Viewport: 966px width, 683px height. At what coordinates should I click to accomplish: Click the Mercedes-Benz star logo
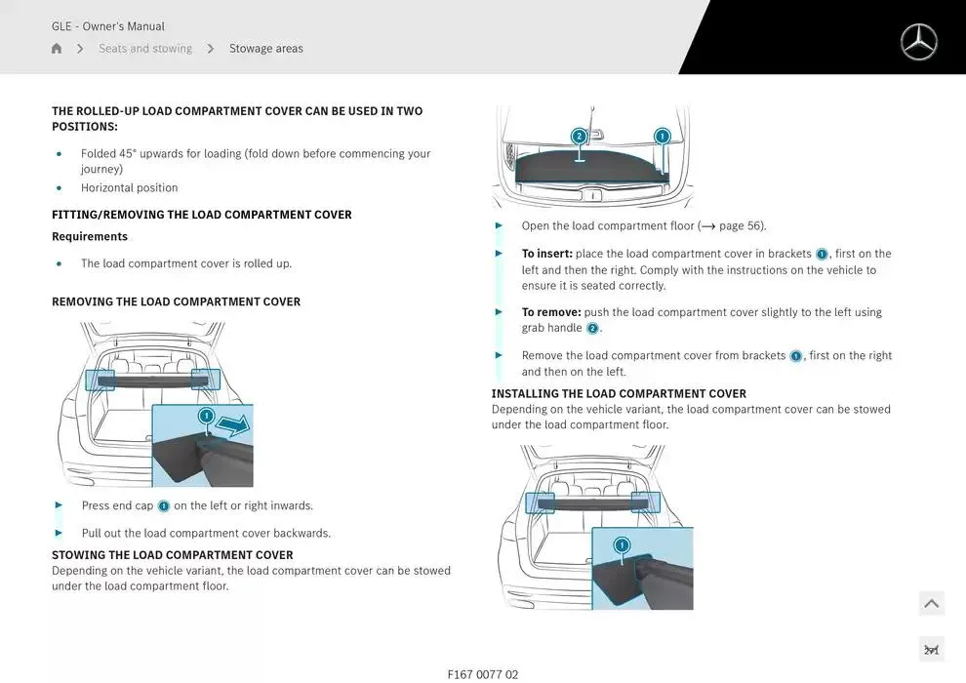pos(918,42)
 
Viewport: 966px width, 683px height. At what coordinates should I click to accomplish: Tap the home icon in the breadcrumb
pos(57,49)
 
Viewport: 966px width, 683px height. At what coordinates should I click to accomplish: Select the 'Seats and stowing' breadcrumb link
pos(145,49)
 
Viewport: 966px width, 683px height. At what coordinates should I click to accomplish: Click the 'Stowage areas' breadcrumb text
pos(265,49)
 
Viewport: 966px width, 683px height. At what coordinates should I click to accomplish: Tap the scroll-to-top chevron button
pos(931,604)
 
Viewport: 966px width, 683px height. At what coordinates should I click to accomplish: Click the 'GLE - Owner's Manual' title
pos(108,26)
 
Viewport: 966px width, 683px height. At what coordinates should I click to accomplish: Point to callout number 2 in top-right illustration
pos(579,137)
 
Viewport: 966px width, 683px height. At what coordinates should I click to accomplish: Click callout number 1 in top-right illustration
pos(663,137)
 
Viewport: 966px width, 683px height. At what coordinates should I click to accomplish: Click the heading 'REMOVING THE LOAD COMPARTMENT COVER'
pos(176,302)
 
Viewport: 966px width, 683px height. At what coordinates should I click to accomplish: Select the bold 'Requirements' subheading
pos(90,237)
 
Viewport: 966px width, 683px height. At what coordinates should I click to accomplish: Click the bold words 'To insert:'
pos(546,254)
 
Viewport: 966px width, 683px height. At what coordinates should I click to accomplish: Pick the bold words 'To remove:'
pos(551,312)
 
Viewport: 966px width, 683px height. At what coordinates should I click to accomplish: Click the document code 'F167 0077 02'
pos(483,674)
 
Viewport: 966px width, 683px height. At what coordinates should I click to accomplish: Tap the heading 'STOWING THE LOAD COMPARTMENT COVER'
pos(173,555)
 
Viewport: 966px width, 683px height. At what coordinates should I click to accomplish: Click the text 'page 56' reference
pos(741,226)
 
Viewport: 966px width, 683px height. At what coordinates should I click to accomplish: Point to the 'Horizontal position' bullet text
pos(130,188)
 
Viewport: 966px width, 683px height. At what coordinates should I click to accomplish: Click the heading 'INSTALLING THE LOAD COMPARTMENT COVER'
pos(619,394)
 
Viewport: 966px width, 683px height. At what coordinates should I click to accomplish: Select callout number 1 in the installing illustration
pos(622,544)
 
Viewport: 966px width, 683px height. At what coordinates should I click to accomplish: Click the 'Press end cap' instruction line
pos(197,506)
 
